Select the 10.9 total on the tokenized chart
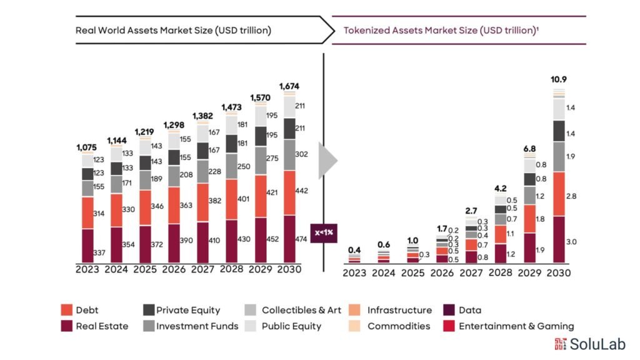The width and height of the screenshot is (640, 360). pyautogui.click(x=558, y=79)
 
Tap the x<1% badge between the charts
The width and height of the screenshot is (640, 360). pyautogui.click(x=323, y=232)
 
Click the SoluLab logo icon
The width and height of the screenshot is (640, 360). pyautogui.click(x=560, y=344)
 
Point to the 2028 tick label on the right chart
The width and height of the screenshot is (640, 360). pyautogui.click(x=500, y=273)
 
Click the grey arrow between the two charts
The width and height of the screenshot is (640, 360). pyautogui.click(x=327, y=161)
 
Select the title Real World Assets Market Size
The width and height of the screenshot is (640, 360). pyautogui.click(x=173, y=30)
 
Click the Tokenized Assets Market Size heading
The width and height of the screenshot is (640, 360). pyautogui.click(x=441, y=30)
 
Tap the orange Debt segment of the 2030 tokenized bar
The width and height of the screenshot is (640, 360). pyautogui.click(x=558, y=194)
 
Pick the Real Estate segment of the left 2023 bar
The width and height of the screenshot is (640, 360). pyautogui.click(x=87, y=246)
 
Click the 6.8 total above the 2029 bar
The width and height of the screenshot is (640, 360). pyautogui.click(x=529, y=148)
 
